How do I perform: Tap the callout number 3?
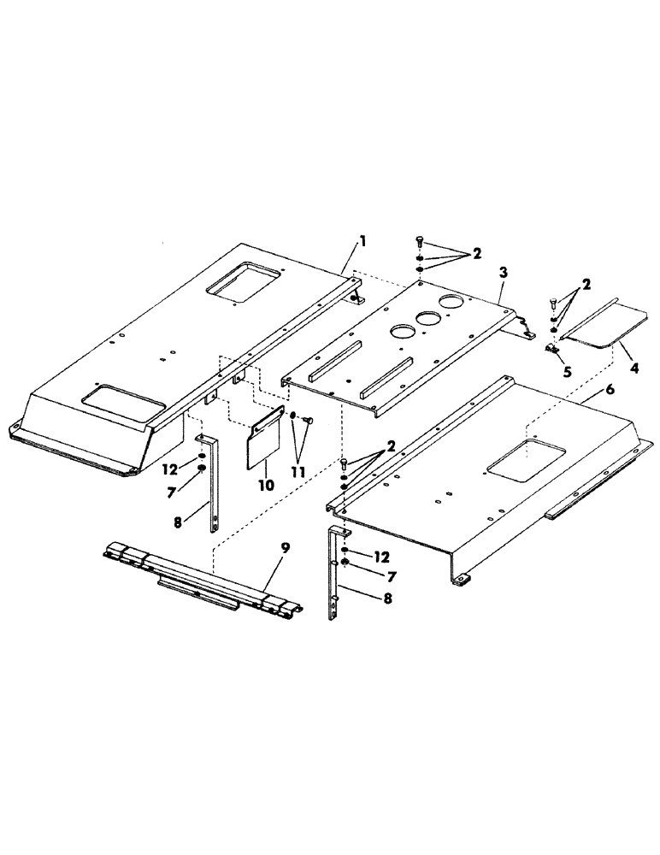(504, 271)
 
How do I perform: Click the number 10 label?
(265, 486)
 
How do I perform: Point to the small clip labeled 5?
(552, 349)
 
